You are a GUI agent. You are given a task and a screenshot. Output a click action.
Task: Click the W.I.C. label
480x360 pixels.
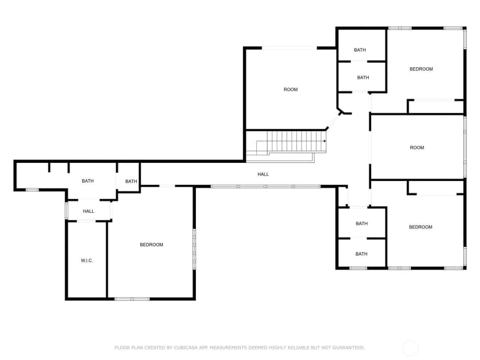(x=86, y=260)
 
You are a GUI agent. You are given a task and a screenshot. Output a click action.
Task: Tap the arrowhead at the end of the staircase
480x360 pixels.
(x=325, y=141)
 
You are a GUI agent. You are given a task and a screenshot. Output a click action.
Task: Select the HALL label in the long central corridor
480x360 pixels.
(x=263, y=174)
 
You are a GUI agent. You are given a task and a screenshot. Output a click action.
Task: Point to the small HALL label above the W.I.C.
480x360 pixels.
(x=89, y=211)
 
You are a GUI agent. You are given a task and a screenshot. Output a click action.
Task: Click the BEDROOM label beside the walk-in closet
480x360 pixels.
(x=151, y=245)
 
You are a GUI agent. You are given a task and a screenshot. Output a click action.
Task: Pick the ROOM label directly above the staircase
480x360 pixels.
(x=290, y=89)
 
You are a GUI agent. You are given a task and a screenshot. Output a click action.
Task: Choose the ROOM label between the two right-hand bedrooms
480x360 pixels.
(x=417, y=148)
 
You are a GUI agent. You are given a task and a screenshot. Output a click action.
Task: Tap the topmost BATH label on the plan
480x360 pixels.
(x=359, y=50)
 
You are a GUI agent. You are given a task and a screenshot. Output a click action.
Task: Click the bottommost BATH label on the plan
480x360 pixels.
(x=361, y=254)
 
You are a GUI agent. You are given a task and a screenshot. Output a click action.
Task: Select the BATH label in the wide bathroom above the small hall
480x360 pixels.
(x=88, y=181)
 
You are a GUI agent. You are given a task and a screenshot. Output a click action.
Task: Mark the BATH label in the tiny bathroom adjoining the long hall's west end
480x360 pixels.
(x=131, y=181)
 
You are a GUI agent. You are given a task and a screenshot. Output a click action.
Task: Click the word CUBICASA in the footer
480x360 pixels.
(x=186, y=347)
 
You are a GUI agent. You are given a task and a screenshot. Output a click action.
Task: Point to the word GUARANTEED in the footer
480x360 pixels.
(x=348, y=347)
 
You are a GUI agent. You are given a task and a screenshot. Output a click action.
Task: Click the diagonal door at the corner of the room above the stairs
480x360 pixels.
(x=333, y=121)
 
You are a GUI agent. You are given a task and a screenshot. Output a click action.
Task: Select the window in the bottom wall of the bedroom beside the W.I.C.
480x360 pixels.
(x=132, y=299)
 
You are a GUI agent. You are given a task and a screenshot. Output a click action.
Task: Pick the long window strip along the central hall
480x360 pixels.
(x=266, y=187)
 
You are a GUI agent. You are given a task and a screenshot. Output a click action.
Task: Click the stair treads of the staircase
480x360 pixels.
(x=291, y=141)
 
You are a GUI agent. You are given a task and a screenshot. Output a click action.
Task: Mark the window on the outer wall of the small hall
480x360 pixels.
(x=66, y=210)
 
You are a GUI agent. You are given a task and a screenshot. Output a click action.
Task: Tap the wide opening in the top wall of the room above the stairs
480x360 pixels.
(x=289, y=48)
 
